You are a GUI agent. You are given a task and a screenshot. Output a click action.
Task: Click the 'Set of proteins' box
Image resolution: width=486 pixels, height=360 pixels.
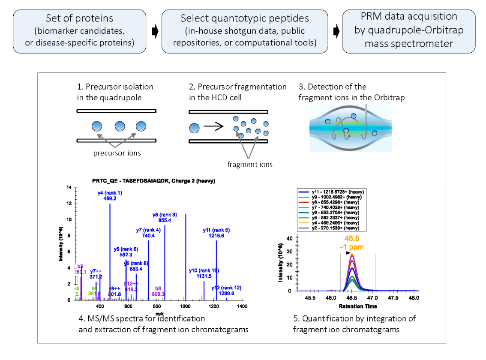click(x=79, y=30)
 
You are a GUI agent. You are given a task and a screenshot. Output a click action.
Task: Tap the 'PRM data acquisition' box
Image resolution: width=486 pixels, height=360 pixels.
click(x=408, y=30)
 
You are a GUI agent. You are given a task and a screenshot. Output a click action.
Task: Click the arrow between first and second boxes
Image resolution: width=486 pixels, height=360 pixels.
click(x=156, y=31)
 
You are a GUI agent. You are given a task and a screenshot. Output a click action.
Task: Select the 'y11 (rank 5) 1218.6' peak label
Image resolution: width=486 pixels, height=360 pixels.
click(x=216, y=233)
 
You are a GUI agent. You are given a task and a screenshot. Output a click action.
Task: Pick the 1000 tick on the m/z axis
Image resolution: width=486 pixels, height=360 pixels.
click(x=186, y=306)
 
